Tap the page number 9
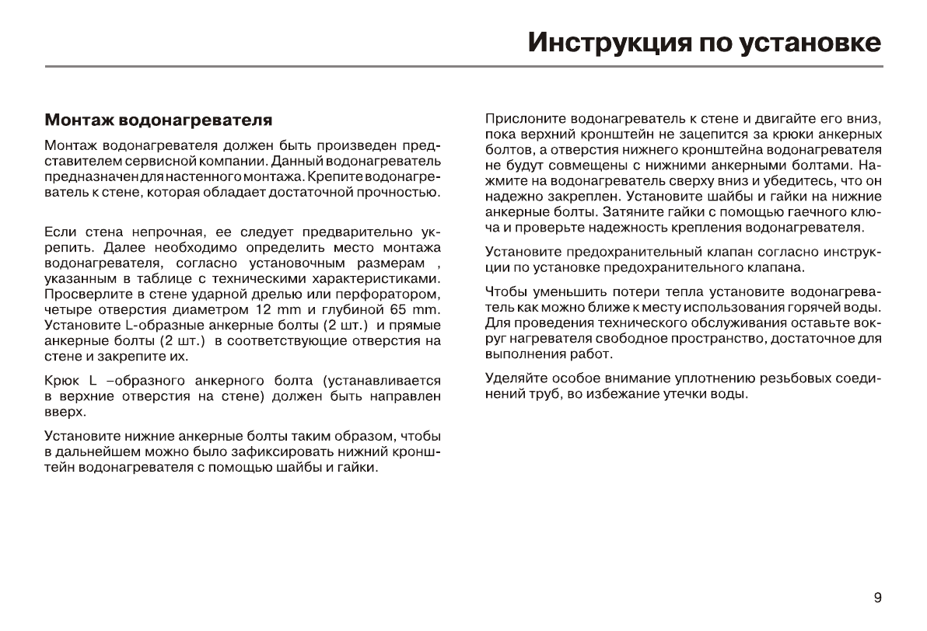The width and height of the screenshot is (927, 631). click(x=877, y=598)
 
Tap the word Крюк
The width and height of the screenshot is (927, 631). click(x=61, y=381)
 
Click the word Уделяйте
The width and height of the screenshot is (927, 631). click(x=517, y=378)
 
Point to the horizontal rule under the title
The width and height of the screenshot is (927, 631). click(x=463, y=68)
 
